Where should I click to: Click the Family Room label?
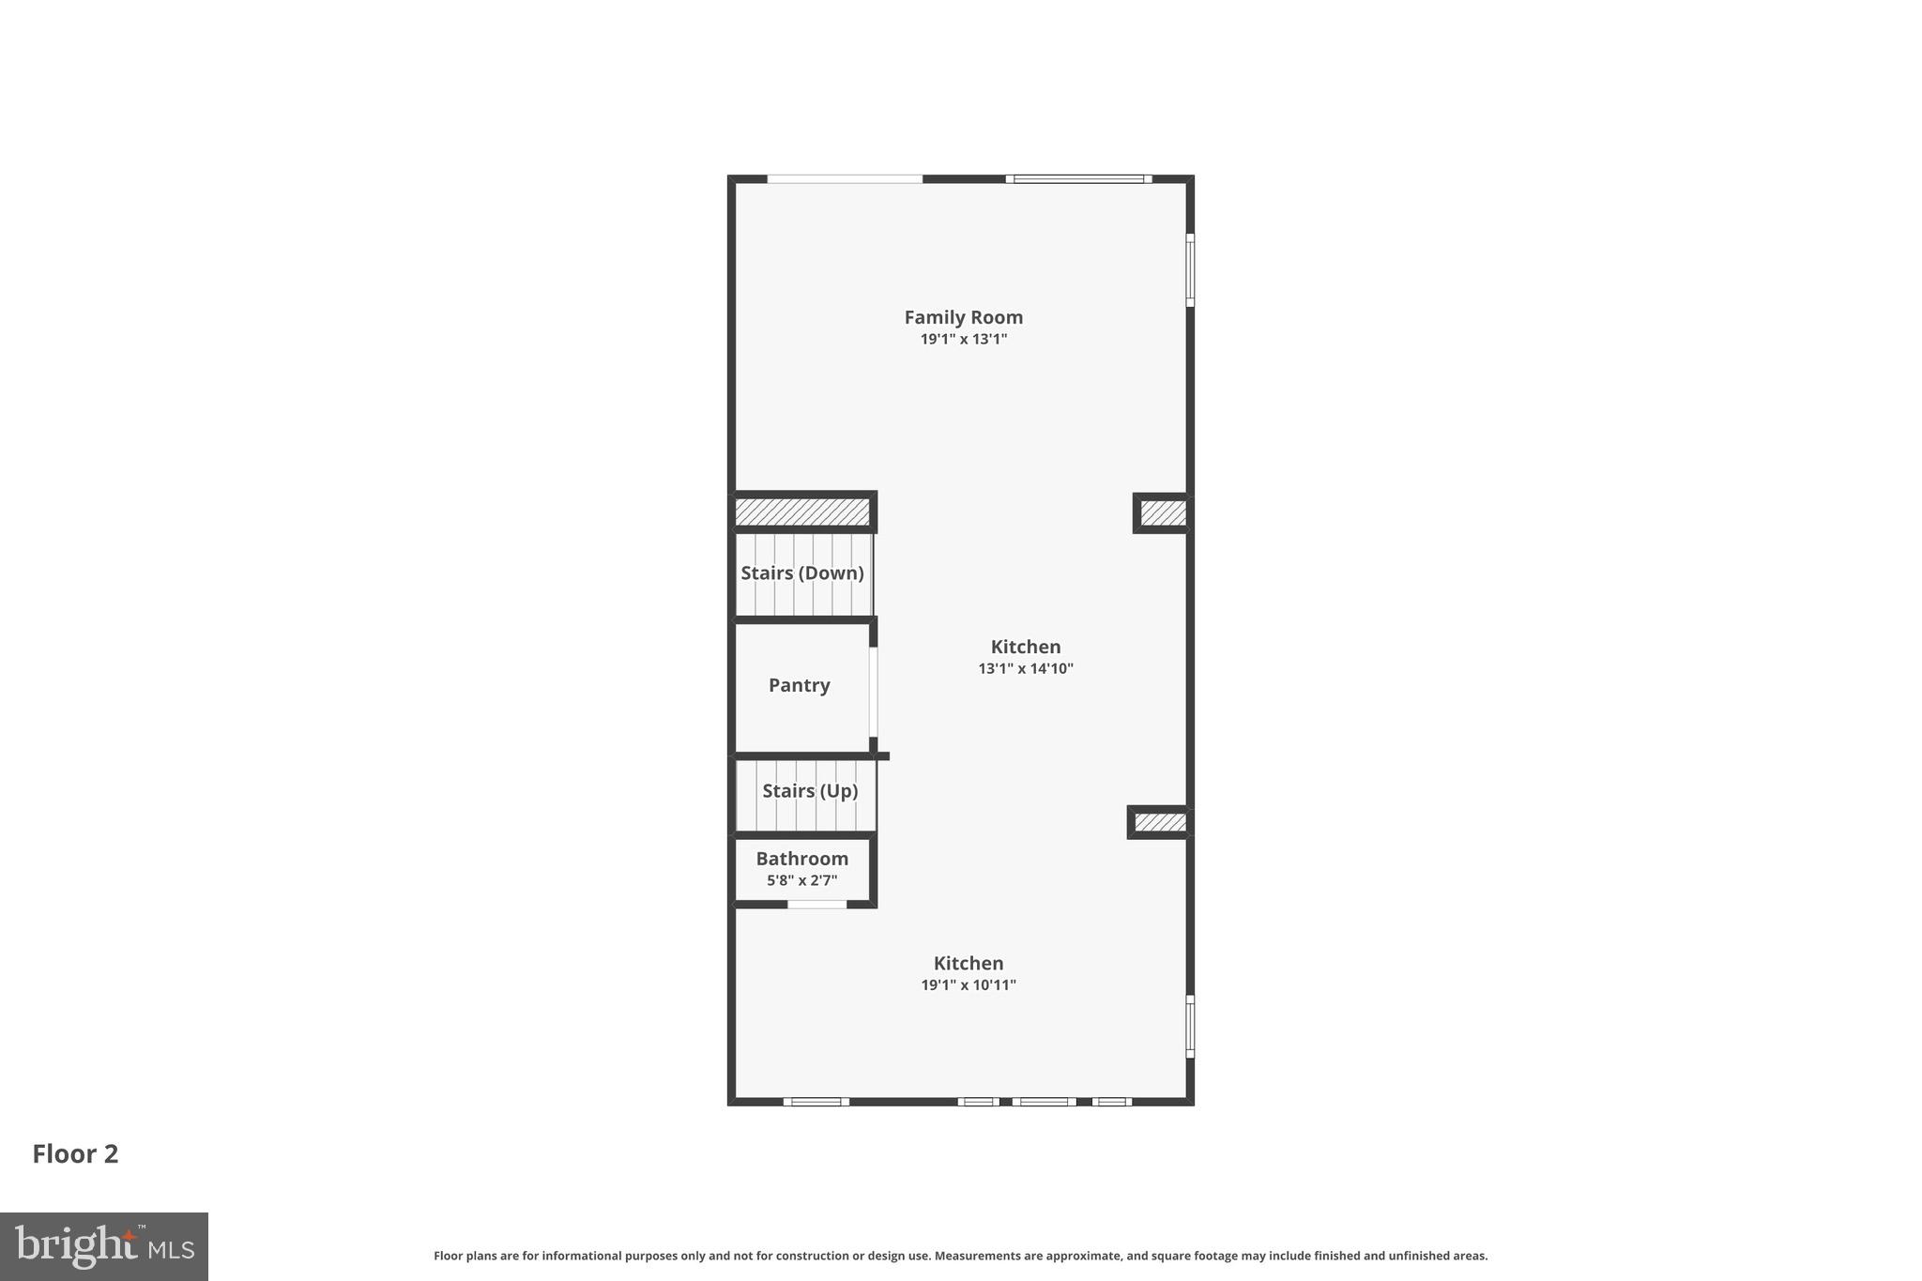coord(963,317)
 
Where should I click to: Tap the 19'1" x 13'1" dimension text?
coord(963,340)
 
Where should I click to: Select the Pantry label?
coord(799,685)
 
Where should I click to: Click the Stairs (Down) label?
coord(802,572)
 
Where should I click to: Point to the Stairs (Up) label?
coord(810,791)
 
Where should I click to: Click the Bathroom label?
coord(802,859)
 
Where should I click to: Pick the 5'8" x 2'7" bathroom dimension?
coord(802,881)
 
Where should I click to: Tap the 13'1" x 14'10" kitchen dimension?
coord(1026,669)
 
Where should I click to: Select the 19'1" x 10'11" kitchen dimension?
coord(969,985)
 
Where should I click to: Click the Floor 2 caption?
coord(75,1154)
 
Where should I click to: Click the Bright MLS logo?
coord(104,1247)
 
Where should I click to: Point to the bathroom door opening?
coord(816,905)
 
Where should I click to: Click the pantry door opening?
coord(873,692)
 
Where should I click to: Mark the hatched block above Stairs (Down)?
coord(802,512)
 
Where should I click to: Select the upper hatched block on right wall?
coord(1163,513)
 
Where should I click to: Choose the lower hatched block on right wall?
coord(1160,823)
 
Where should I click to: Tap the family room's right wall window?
coord(1190,270)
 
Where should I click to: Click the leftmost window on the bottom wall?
coord(816,1102)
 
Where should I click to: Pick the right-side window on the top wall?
coord(1079,179)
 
